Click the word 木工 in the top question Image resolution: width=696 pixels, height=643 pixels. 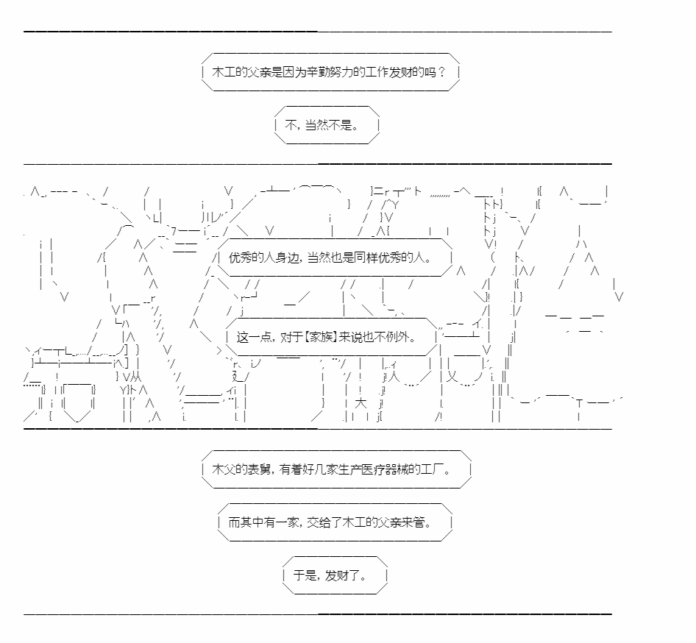pyautogui.click(x=224, y=72)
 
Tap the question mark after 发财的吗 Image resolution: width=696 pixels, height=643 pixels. pyautogui.click(x=441, y=72)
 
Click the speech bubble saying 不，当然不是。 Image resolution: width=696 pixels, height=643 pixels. pyautogui.click(x=327, y=125)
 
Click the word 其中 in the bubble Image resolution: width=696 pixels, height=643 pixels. pyautogui.click(x=252, y=522)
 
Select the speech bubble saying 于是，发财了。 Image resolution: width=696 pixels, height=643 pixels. pyautogui.click(x=335, y=575)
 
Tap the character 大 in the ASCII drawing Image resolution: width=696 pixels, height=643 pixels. pyautogui.click(x=361, y=403)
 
